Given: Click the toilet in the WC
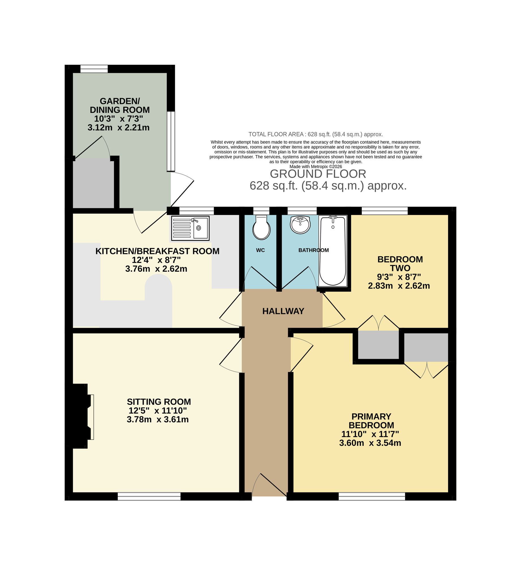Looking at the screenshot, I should tap(261, 228).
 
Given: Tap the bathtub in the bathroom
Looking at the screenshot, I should tap(333, 251).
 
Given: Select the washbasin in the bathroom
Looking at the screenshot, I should tap(300, 225).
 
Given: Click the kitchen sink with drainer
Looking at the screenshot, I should tap(190, 228).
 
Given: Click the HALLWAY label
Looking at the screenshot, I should tap(283, 311).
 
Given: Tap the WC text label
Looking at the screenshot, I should tap(260, 250).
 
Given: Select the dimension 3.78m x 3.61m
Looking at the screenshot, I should tap(158, 420).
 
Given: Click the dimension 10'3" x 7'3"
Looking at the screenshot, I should tap(119, 119).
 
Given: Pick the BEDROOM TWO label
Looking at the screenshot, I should tap(400, 264).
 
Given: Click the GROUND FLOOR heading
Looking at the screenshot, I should tap(318, 174).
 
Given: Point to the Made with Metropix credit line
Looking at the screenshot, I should tap(316, 167).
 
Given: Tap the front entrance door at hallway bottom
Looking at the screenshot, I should tap(269, 486).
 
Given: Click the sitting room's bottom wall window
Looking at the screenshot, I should tap(149, 496).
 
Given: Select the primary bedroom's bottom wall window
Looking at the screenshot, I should tap(372, 496).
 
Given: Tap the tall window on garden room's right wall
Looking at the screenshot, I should tap(171, 141).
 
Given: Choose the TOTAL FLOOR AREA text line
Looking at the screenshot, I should tap(315, 134).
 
